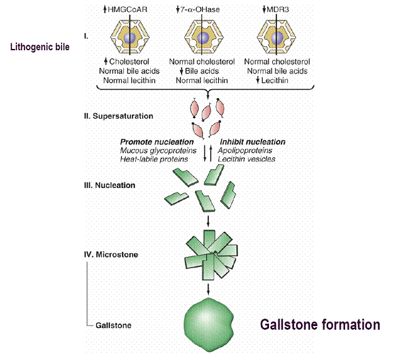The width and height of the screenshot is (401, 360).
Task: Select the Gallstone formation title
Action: tap(319, 325)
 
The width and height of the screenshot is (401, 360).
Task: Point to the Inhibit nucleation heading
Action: tap(251, 141)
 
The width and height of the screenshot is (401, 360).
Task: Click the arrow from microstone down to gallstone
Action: tap(208, 288)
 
